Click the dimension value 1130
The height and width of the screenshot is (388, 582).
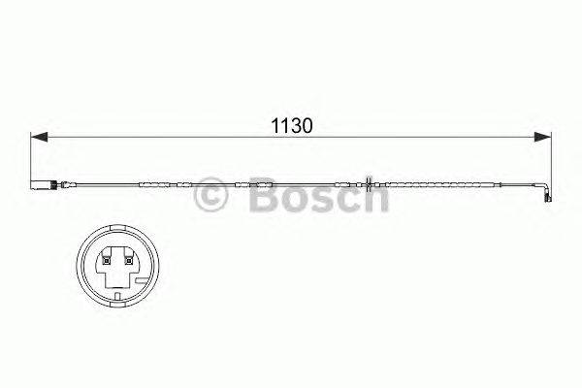pos(290,126)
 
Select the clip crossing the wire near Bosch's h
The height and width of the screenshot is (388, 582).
pos(371,184)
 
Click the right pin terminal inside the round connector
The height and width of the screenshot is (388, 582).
pos(126,258)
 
